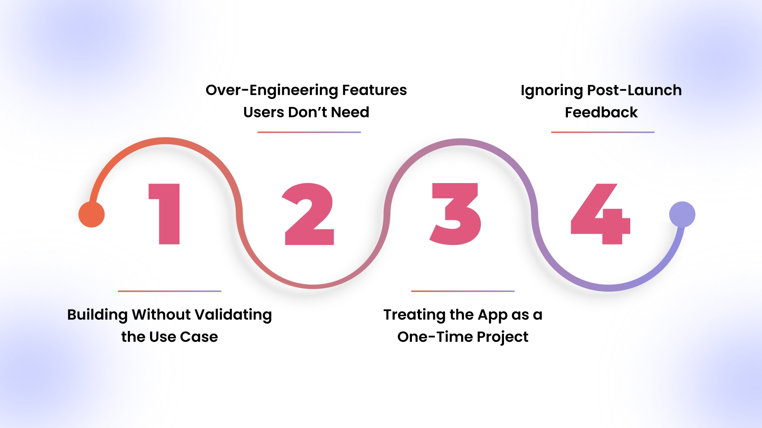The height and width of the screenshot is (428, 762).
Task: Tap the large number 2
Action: pyautogui.click(x=309, y=214)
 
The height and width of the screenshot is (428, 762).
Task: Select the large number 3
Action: pyautogui.click(x=456, y=214)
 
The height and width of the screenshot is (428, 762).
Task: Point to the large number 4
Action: pyautogui.click(x=600, y=214)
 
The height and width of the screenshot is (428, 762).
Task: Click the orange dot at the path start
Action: pyautogui.click(x=92, y=214)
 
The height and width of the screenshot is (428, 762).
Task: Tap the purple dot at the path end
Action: pyautogui.click(x=682, y=214)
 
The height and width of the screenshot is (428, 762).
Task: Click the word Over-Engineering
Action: pyautogui.click(x=272, y=91)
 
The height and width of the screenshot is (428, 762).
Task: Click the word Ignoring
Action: pyautogui.click(x=552, y=91)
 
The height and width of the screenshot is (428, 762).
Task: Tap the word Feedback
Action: pyautogui.click(x=601, y=112)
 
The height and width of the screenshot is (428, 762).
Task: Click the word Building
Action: pyautogui.click(x=97, y=315)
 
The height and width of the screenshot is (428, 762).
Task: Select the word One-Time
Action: pyautogui.click(x=435, y=337)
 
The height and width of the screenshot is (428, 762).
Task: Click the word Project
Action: pyautogui.click(x=502, y=337)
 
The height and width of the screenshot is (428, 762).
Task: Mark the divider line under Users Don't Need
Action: pyautogui.click(x=309, y=132)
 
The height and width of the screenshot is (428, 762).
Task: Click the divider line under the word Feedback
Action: pyautogui.click(x=603, y=132)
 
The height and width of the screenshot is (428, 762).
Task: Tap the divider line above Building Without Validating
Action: pyautogui.click(x=169, y=291)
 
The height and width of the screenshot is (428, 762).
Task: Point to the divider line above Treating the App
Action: pyautogui.click(x=463, y=291)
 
